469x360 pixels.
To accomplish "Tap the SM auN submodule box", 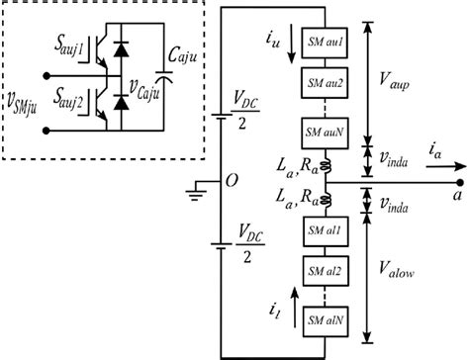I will click(326, 131).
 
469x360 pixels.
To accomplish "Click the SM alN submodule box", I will click(326, 318).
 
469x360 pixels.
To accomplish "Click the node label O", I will click(203, 181).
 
